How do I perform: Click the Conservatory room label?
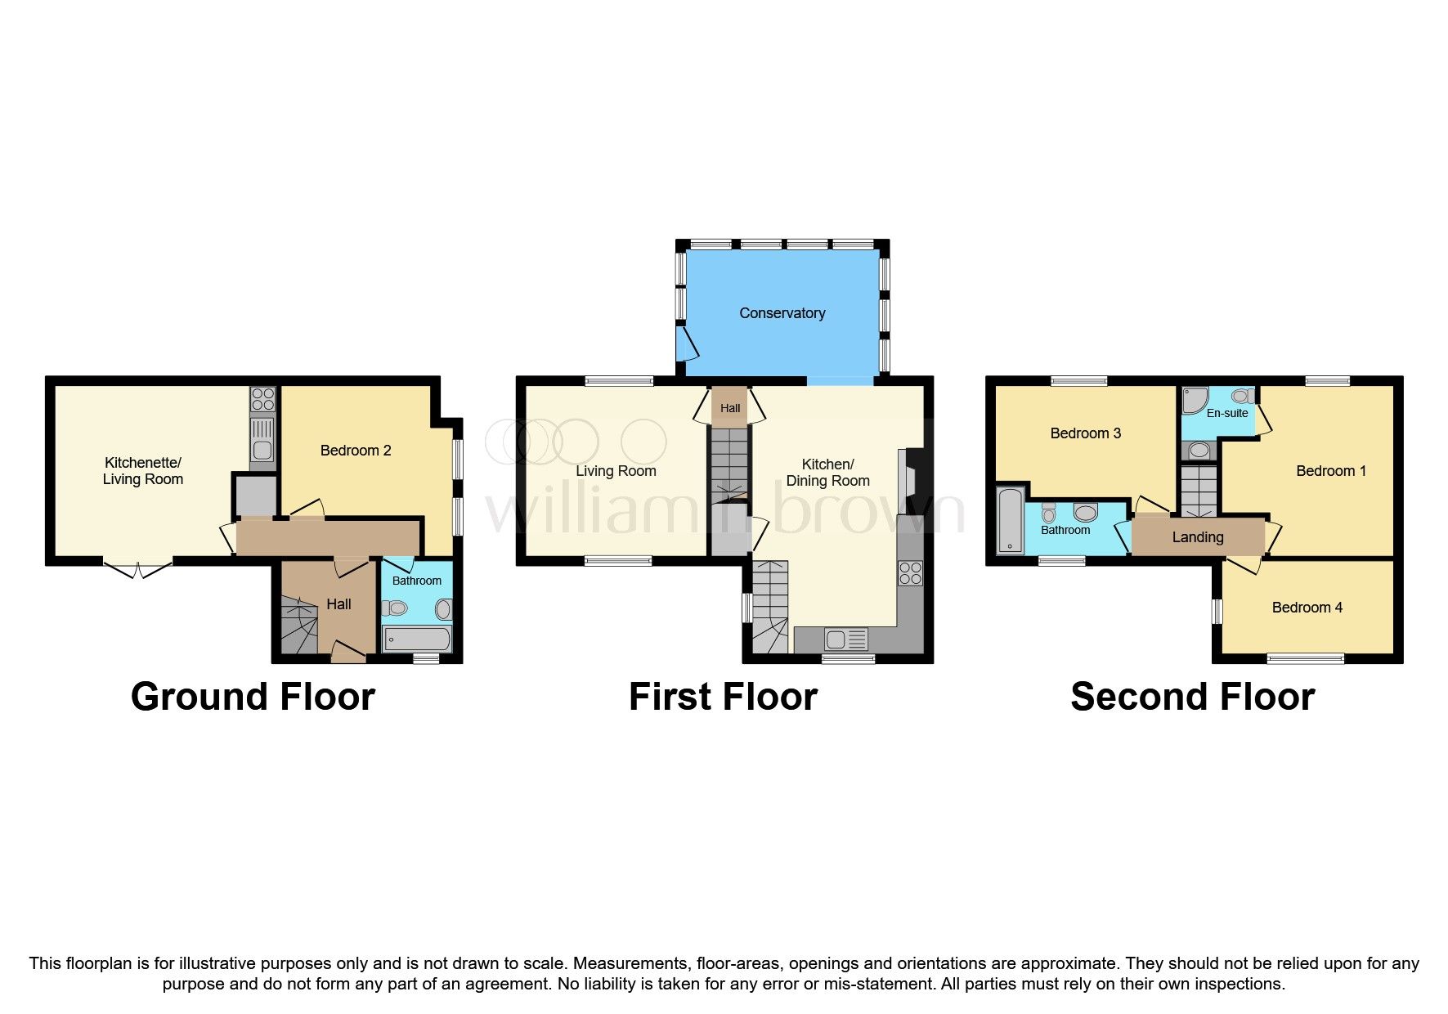(x=782, y=313)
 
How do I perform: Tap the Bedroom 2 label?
(x=355, y=451)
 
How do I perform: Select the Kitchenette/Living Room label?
(x=142, y=471)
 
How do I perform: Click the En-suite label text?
(x=1226, y=413)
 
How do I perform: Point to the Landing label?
(x=1197, y=537)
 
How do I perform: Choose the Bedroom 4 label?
(x=1307, y=608)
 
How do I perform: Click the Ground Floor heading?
(x=253, y=697)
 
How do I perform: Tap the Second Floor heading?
(x=1192, y=697)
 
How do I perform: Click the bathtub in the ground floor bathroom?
(x=416, y=639)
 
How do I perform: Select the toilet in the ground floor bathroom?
(x=396, y=608)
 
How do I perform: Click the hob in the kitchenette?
(x=262, y=399)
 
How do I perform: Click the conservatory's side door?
(x=687, y=343)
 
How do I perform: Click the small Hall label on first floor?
(x=730, y=408)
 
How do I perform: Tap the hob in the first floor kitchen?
(x=910, y=573)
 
